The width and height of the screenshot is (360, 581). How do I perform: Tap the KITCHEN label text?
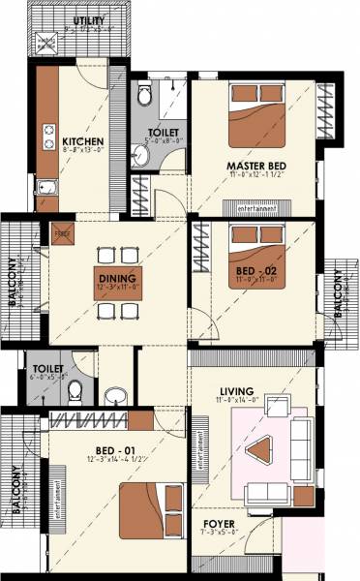pos(83,141)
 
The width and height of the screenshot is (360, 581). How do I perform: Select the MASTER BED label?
pos(255,166)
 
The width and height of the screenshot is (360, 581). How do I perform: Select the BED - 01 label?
pos(113,451)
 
